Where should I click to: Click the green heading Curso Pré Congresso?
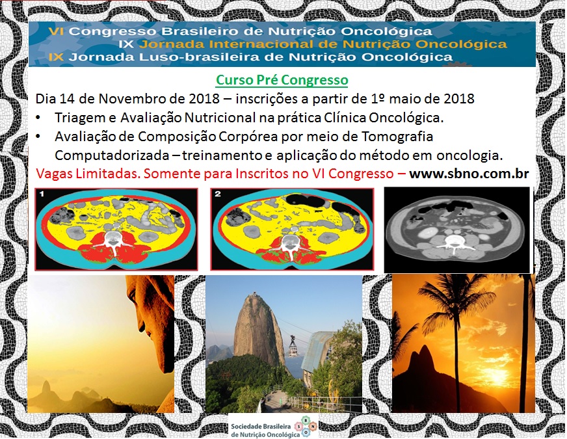(282, 80)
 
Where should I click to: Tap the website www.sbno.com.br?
(469, 174)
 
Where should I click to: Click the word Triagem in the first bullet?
(77, 118)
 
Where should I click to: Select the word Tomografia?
(397, 137)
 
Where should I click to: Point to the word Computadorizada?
(112, 155)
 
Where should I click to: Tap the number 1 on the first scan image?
(42, 194)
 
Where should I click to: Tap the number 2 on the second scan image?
(218, 194)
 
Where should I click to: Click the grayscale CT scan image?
(456, 230)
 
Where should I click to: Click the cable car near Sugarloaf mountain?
(293, 346)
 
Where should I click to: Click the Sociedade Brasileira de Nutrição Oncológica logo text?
(261, 431)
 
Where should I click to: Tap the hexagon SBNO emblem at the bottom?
(306, 427)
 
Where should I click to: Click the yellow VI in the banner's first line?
(56, 31)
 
